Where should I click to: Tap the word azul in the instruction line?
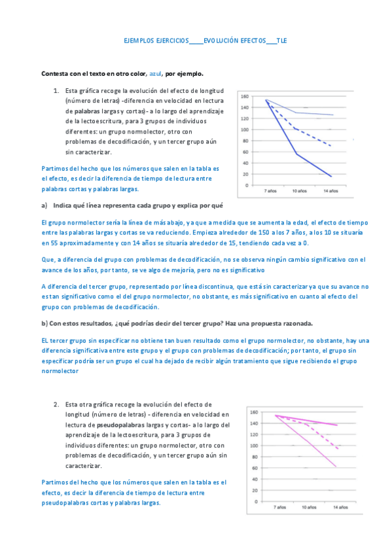coord(156,74)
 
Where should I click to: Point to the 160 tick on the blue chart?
coord(244,96)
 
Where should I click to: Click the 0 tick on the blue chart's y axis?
coord(247,185)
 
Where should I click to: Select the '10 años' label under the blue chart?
coord(300,191)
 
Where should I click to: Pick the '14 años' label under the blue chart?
coord(330,191)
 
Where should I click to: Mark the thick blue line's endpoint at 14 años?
coord(331,176)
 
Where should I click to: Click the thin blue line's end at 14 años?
coord(333,115)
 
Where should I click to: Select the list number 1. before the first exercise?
coord(57,90)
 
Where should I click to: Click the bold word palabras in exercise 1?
coord(78,111)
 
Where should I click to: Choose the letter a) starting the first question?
coord(44,206)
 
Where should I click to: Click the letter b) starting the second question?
coord(44,323)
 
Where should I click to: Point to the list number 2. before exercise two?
coord(57,404)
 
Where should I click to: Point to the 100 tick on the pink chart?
coord(255,446)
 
